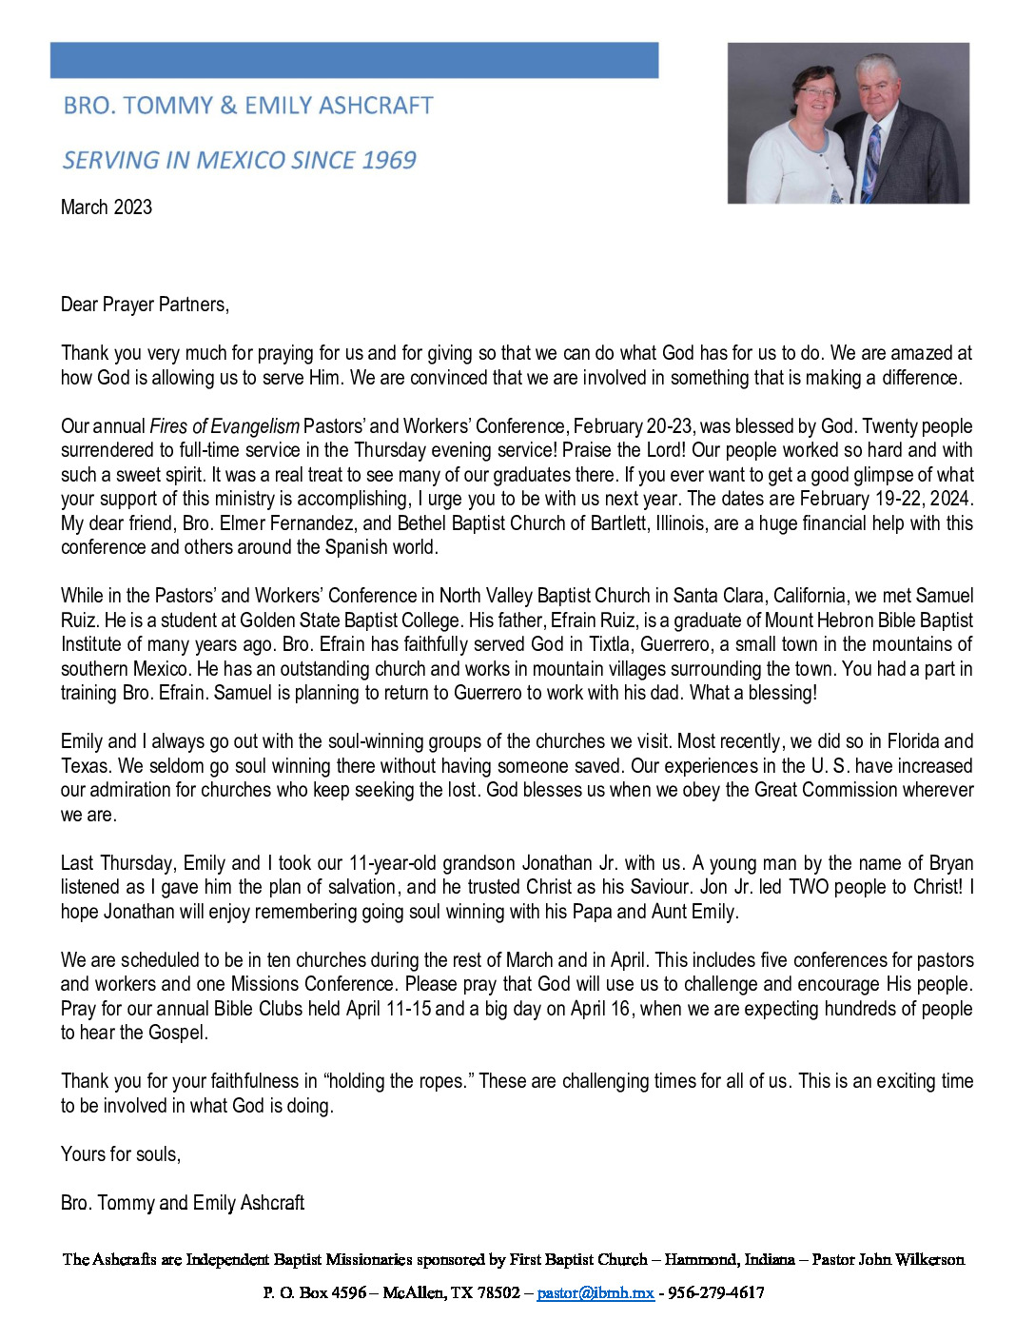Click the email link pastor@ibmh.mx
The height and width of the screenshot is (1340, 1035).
pyautogui.click(x=596, y=1292)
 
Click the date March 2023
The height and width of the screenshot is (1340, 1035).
pyautogui.click(x=107, y=207)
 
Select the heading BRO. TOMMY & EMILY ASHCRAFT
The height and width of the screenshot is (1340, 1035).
pyautogui.click(x=248, y=106)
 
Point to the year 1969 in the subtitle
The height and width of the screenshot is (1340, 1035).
pyautogui.click(x=389, y=160)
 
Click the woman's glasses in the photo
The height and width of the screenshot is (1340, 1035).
pyautogui.click(x=817, y=93)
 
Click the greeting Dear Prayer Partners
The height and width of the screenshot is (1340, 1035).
pyautogui.click(x=145, y=305)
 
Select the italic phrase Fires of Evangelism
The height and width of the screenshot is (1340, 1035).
pyautogui.click(x=225, y=426)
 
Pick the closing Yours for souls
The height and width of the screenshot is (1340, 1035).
pyautogui.click(x=121, y=1154)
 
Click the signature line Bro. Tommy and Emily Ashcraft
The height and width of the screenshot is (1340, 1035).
pyautogui.click(x=183, y=1203)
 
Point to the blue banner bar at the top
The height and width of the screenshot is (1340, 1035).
pyautogui.click(x=354, y=60)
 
